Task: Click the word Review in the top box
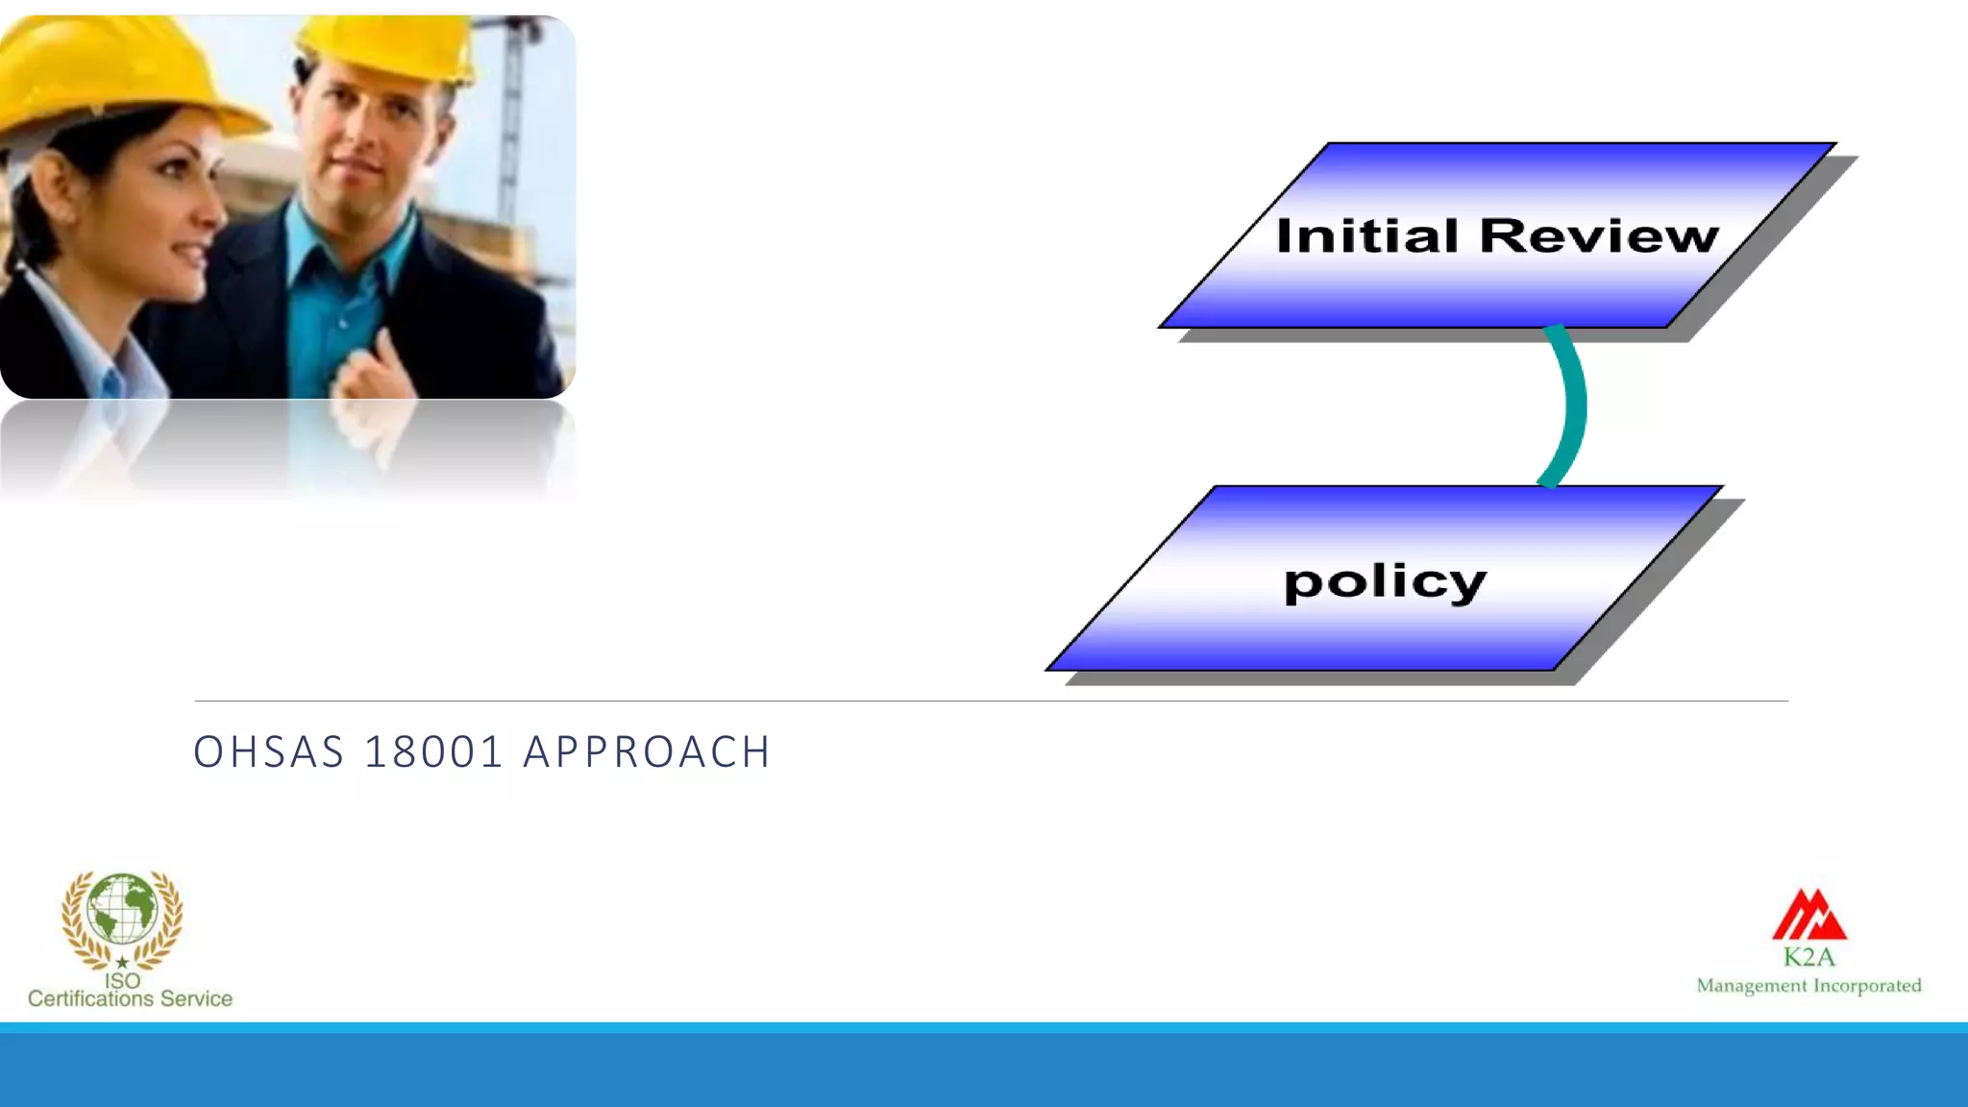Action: (1599, 235)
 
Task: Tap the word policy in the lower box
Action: (1385, 582)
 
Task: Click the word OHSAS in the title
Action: (269, 752)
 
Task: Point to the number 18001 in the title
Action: (434, 752)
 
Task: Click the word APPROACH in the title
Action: (647, 752)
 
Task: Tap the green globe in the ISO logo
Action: (122, 908)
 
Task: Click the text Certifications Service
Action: (130, 999)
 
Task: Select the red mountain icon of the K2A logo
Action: (1809, 915)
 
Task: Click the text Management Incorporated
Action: (1808, 986)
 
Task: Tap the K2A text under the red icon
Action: (1809, 957)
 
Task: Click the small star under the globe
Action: (122, 962)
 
